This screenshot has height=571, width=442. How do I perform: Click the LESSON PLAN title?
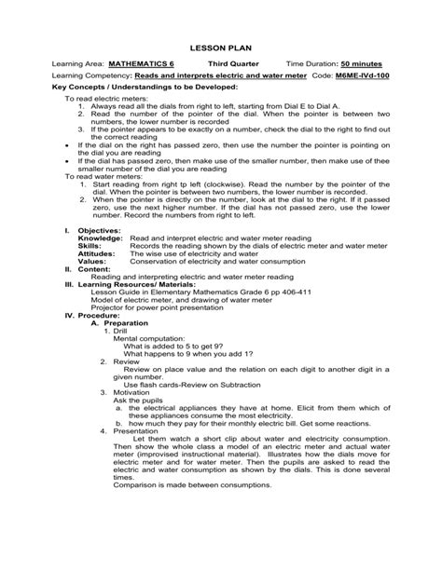pyautogui.click(x=221, y=44)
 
